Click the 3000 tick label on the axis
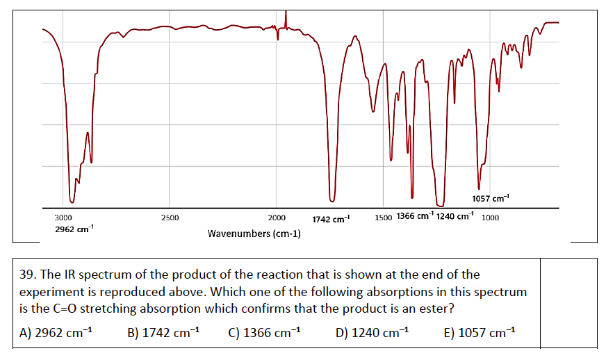click(63, 218)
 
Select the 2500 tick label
click(170, 218)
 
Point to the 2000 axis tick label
click(276, 218)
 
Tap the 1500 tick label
click(383, 217)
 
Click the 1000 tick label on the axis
click(490, 217)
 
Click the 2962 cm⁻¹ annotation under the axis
click(74, 229)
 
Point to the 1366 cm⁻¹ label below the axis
click(415, 215)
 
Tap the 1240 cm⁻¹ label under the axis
click(455, 215)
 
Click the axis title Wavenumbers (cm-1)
click(254, 234)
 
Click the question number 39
click(28, 275)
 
